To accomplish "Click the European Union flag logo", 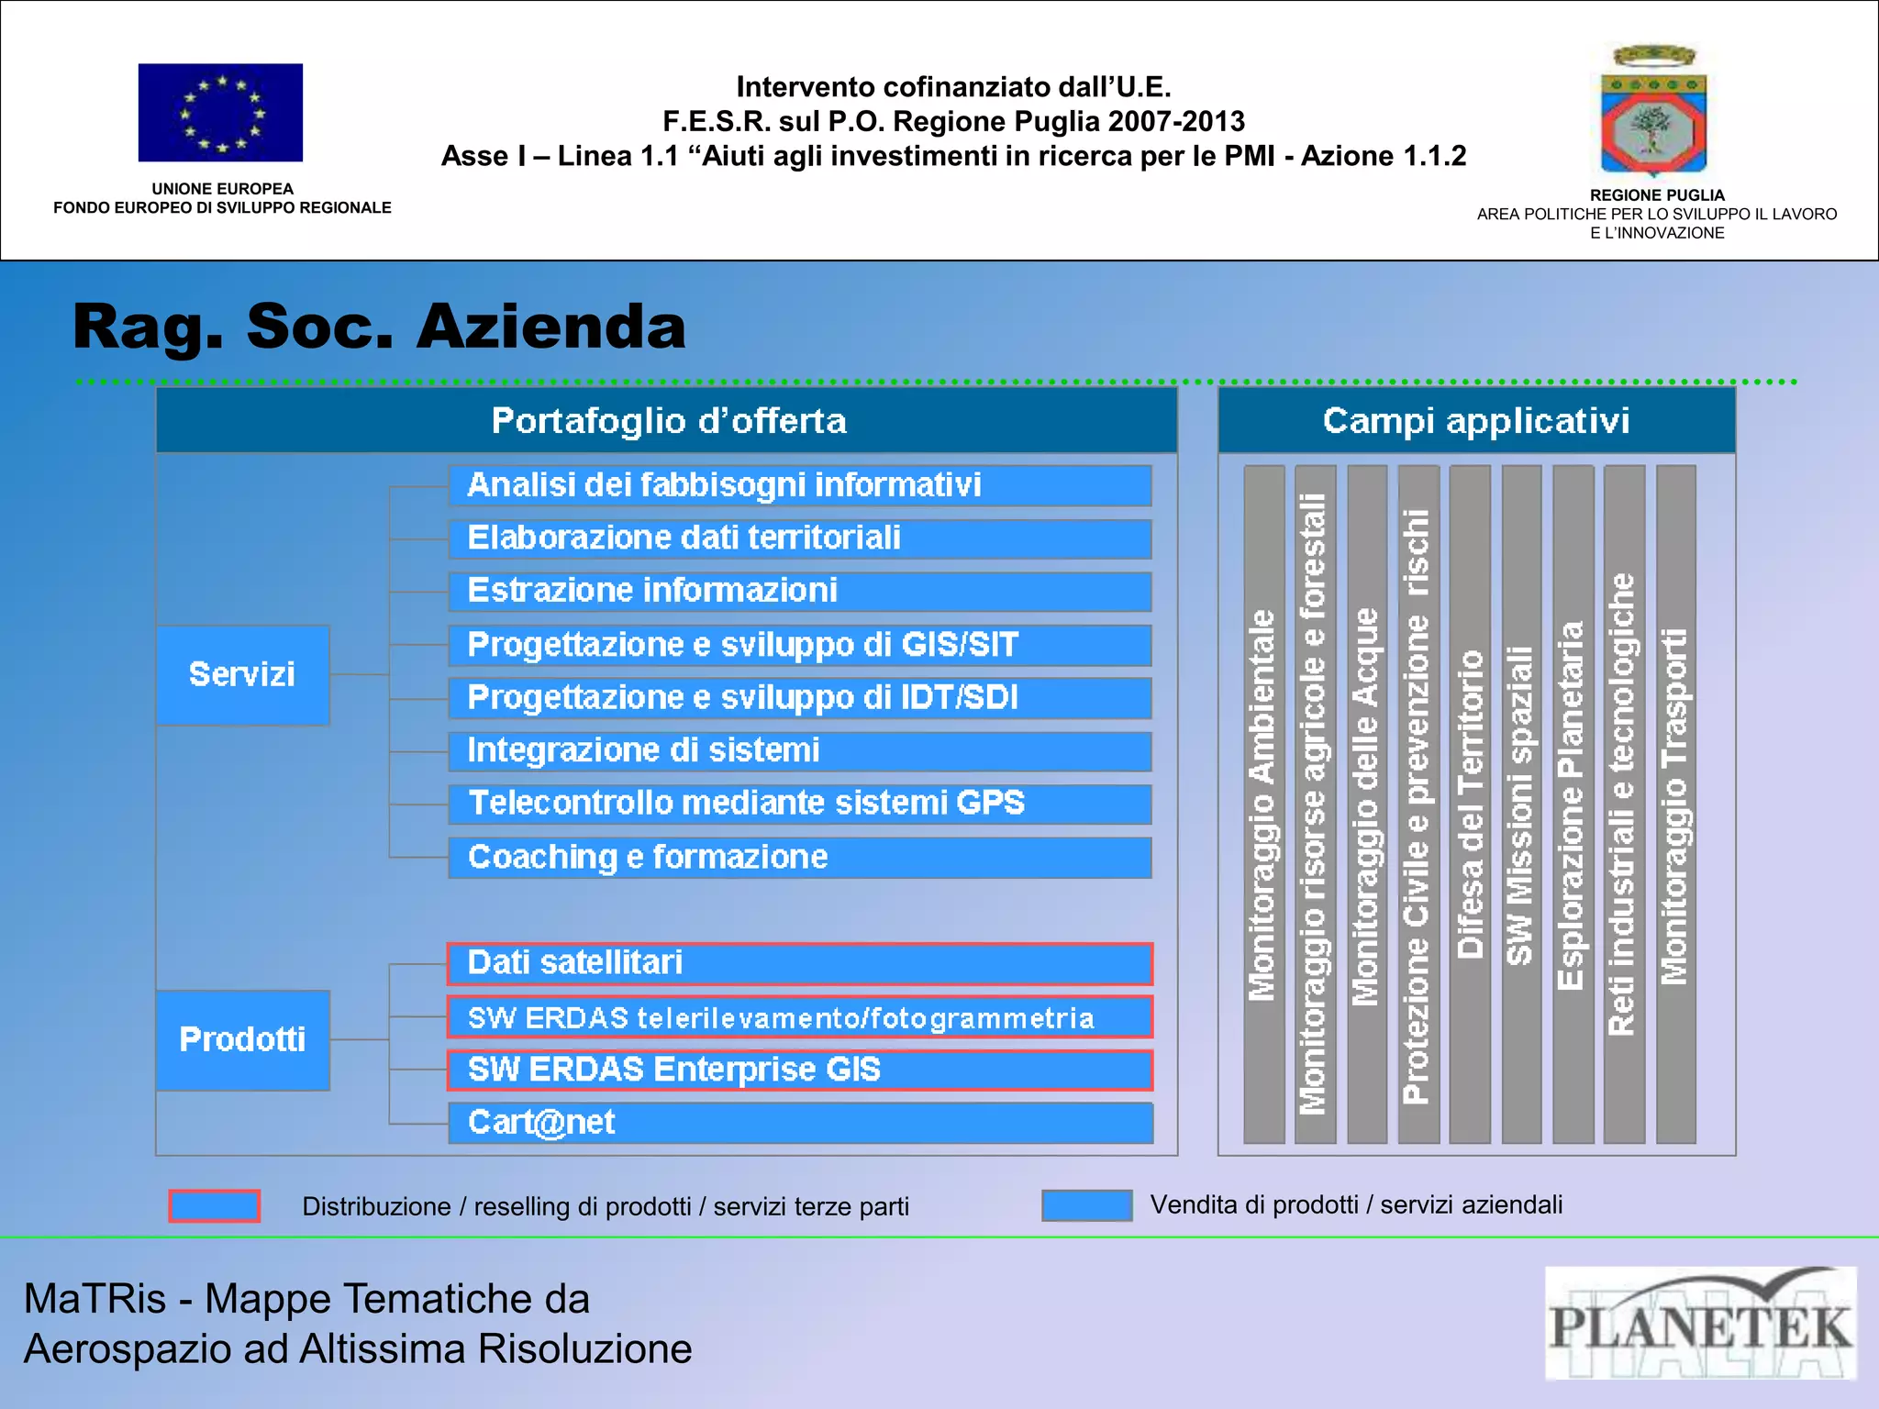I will [220, 113].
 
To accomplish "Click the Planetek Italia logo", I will [1700, 1323].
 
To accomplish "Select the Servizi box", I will [242, 675].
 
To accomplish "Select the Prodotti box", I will [242, 1039].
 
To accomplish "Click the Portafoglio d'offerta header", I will [667, 421].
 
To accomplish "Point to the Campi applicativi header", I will [1476, 421].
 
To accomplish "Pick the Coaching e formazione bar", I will [800, 858].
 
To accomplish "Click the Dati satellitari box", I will [800, 963].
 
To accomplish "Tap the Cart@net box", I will [800, 1123].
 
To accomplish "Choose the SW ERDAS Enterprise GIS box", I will [800, 1070].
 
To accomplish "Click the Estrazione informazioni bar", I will [800, 591].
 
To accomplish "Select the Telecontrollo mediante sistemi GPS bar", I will [800, 804].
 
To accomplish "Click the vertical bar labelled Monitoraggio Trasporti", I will [1675, 804].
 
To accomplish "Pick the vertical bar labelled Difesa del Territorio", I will [1470, 804].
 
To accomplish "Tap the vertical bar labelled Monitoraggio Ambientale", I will [1263, 804].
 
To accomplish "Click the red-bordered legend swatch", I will [215, 1205].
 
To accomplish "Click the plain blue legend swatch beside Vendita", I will [1086, 1205].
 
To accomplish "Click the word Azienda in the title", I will [551, 327].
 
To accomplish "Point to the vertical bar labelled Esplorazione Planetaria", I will [1573, 804].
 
